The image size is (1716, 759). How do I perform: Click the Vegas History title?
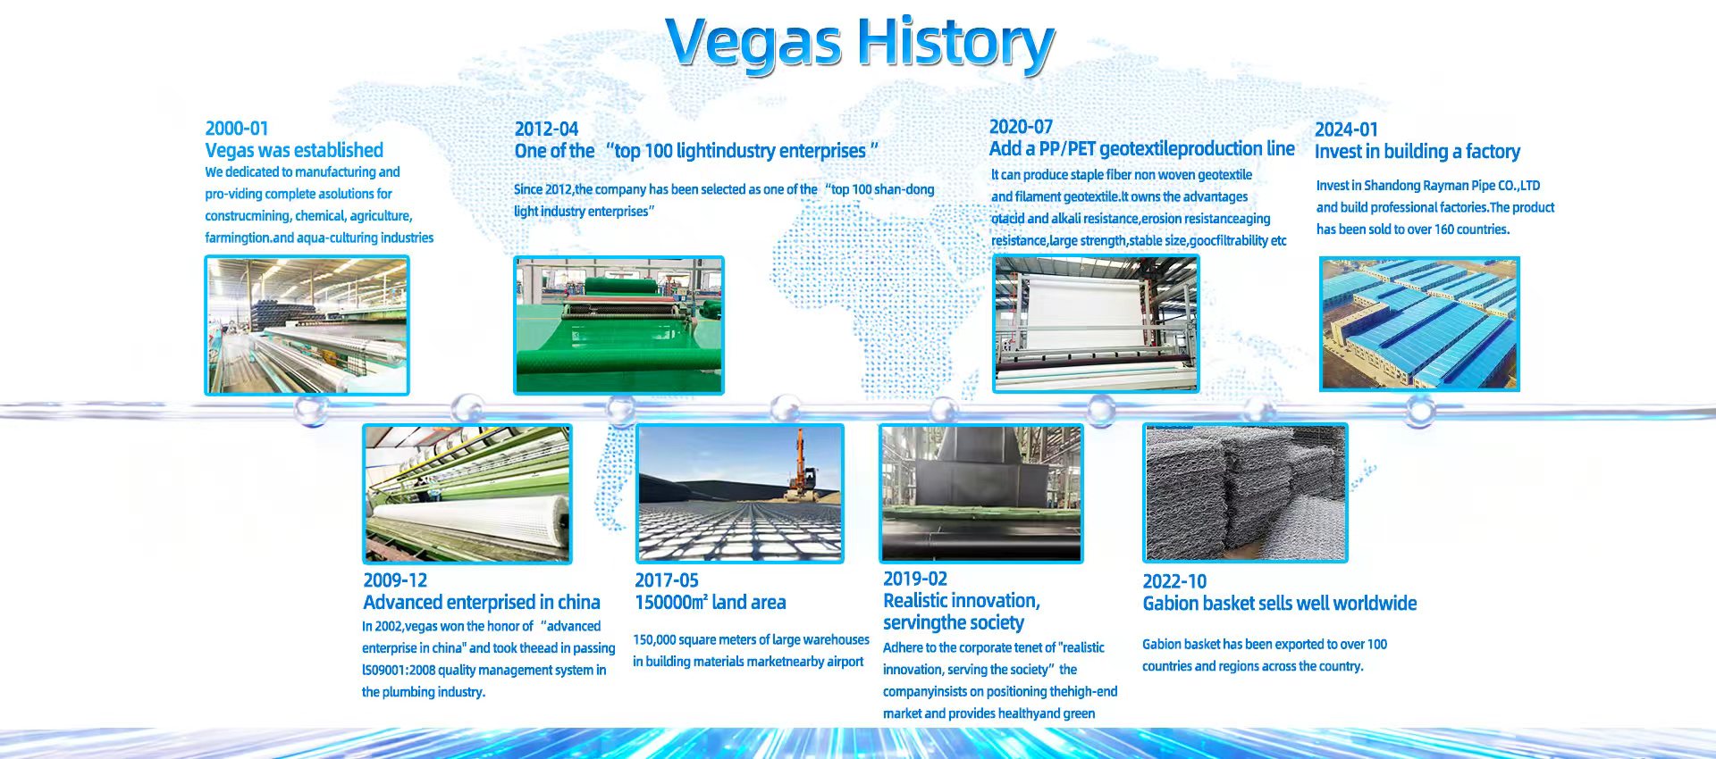(x=860, y=43)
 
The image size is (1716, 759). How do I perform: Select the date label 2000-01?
(x=237, y=129)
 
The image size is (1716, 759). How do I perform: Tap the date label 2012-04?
(x=546, y=129)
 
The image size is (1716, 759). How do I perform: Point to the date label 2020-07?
(x=1021, y=127)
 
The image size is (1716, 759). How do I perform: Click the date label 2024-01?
(x=1346, y=129)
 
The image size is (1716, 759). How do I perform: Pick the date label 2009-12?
(x=395, y=580)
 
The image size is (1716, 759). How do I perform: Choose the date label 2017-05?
(x=667, y=580)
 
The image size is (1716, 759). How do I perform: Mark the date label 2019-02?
(x=915, y=579)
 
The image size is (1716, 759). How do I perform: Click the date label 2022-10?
(x=1174, y=581)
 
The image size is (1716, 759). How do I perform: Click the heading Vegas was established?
(x=294, y=150)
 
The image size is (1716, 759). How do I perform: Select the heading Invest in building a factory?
(x=1417, y=152)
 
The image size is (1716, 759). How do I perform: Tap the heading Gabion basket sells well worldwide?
(x=1280, y=604)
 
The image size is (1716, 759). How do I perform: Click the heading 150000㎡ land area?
(x=711, y=603)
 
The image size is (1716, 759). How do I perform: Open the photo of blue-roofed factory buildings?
(x=1419, y=324)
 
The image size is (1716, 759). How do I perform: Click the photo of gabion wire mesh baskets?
(x=1245, y=493)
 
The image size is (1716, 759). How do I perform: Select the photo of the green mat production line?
(x=618, y=325)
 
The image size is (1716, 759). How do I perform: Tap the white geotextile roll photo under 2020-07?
(x=1096, y=323)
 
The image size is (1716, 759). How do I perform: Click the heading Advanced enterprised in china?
(x=482, y=603)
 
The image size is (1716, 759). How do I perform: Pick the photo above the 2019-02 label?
(x=981, y=494)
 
